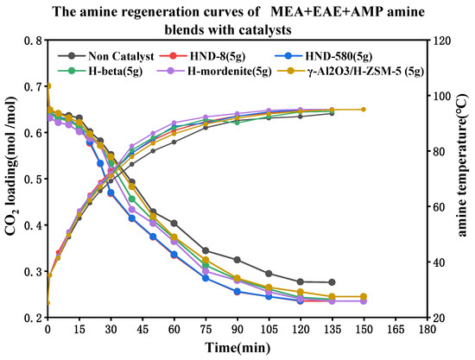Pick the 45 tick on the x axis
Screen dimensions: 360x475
[142, 330]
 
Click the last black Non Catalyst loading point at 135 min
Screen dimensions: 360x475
[332, 282]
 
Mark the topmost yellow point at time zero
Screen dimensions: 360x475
[47, 86]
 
